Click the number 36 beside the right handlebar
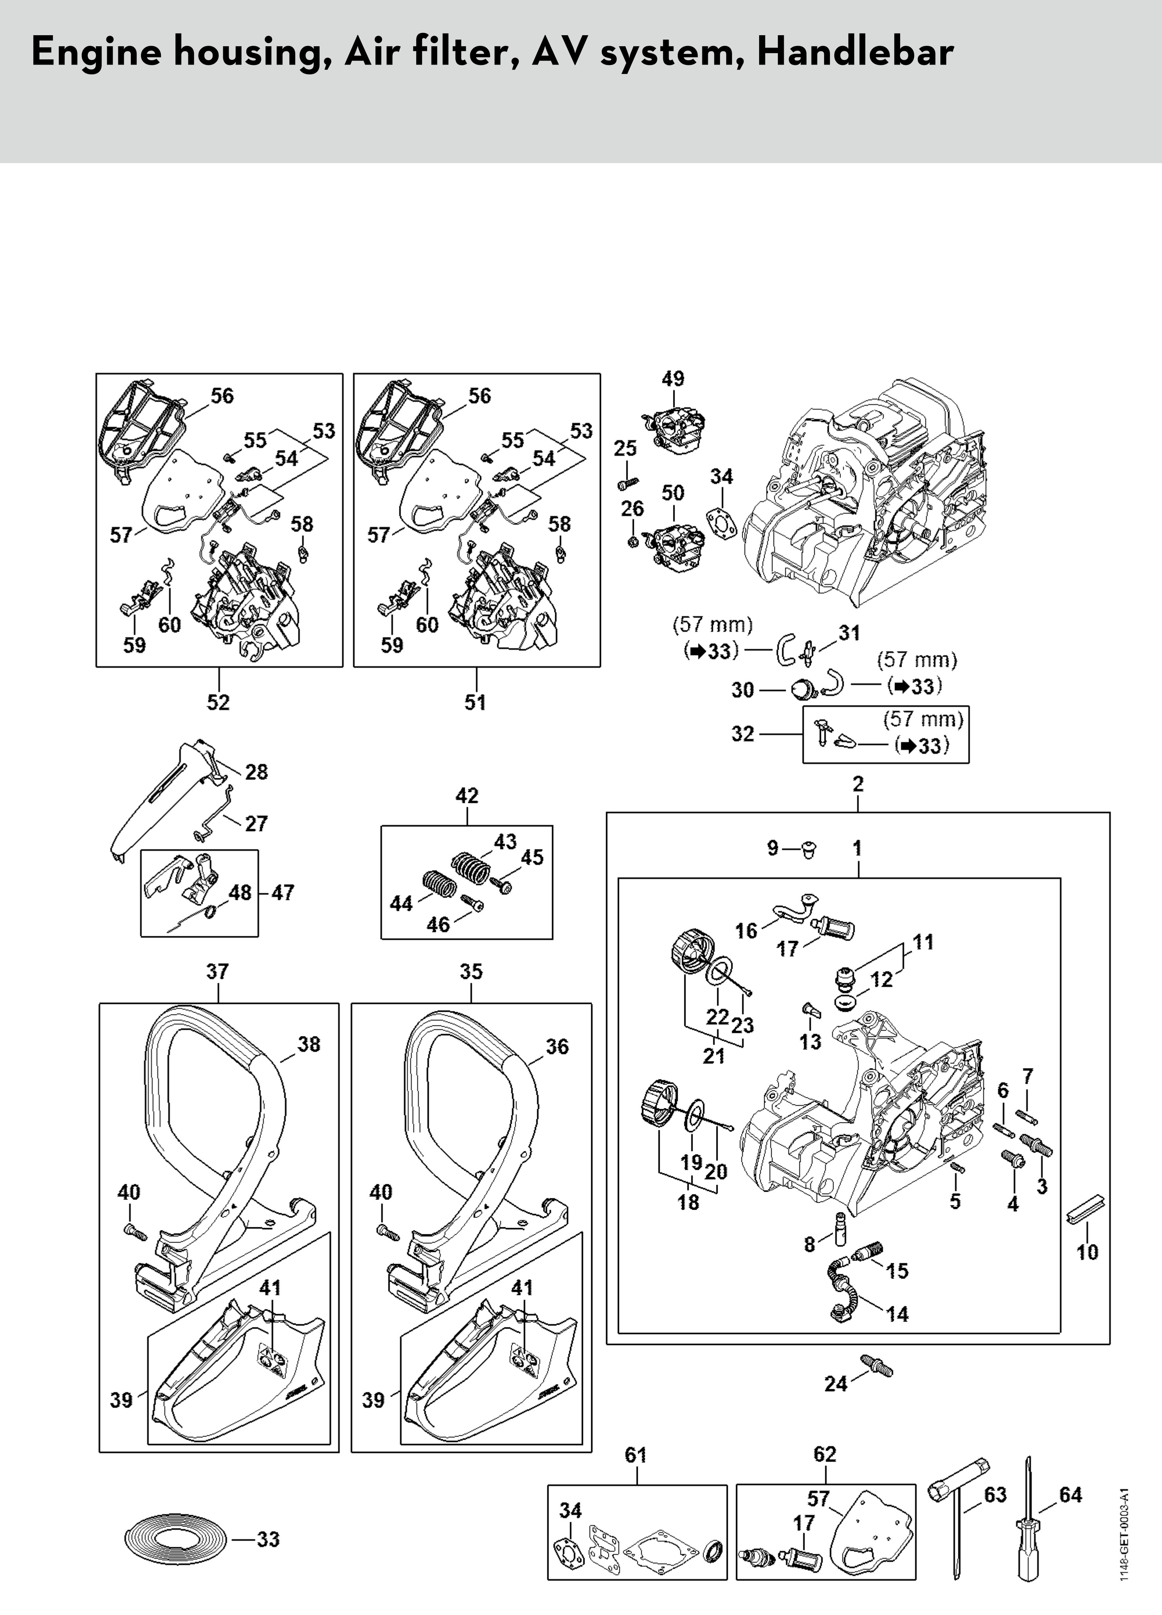(557, 1046)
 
